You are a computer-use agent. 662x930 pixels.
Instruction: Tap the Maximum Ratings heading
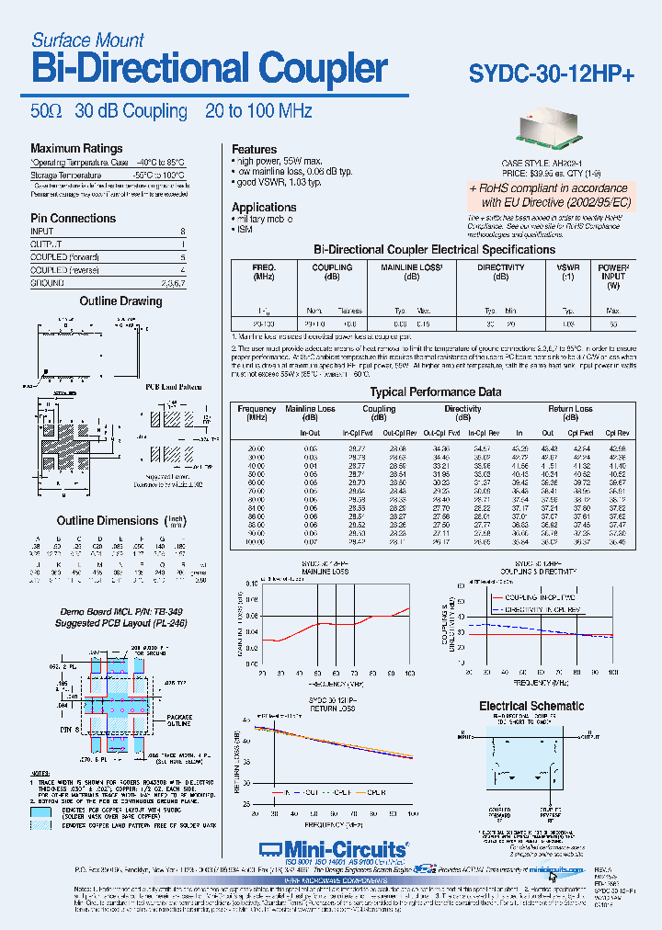click(76, 149)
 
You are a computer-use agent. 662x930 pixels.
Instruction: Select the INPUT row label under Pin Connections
click(42, 232)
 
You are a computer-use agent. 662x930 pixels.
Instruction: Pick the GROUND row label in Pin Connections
click(48, 284)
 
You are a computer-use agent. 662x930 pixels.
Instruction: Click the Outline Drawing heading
click(120, 301)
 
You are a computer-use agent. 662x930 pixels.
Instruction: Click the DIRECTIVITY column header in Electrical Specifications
click(501, 267)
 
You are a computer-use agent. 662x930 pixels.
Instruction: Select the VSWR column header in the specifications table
click(567, 267)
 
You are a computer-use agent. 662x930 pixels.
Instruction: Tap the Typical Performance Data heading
click(435, 391)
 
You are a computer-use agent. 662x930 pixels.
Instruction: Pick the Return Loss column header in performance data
click(570, 409)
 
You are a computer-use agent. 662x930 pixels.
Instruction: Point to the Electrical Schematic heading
click(531, 706)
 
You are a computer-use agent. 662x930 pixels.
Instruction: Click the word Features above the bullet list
click(254, 150)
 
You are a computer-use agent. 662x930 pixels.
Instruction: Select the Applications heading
click(264, 208)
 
